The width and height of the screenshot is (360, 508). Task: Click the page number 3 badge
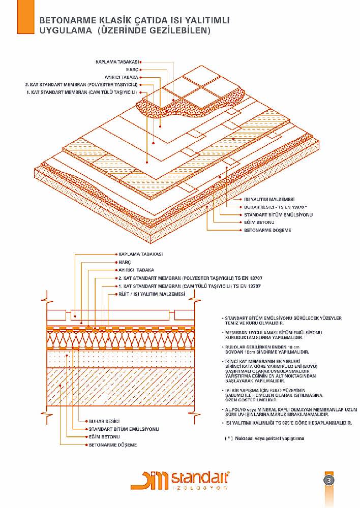pos(329,480)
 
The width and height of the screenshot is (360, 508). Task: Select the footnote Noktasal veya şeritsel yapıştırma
pos(267,438)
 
